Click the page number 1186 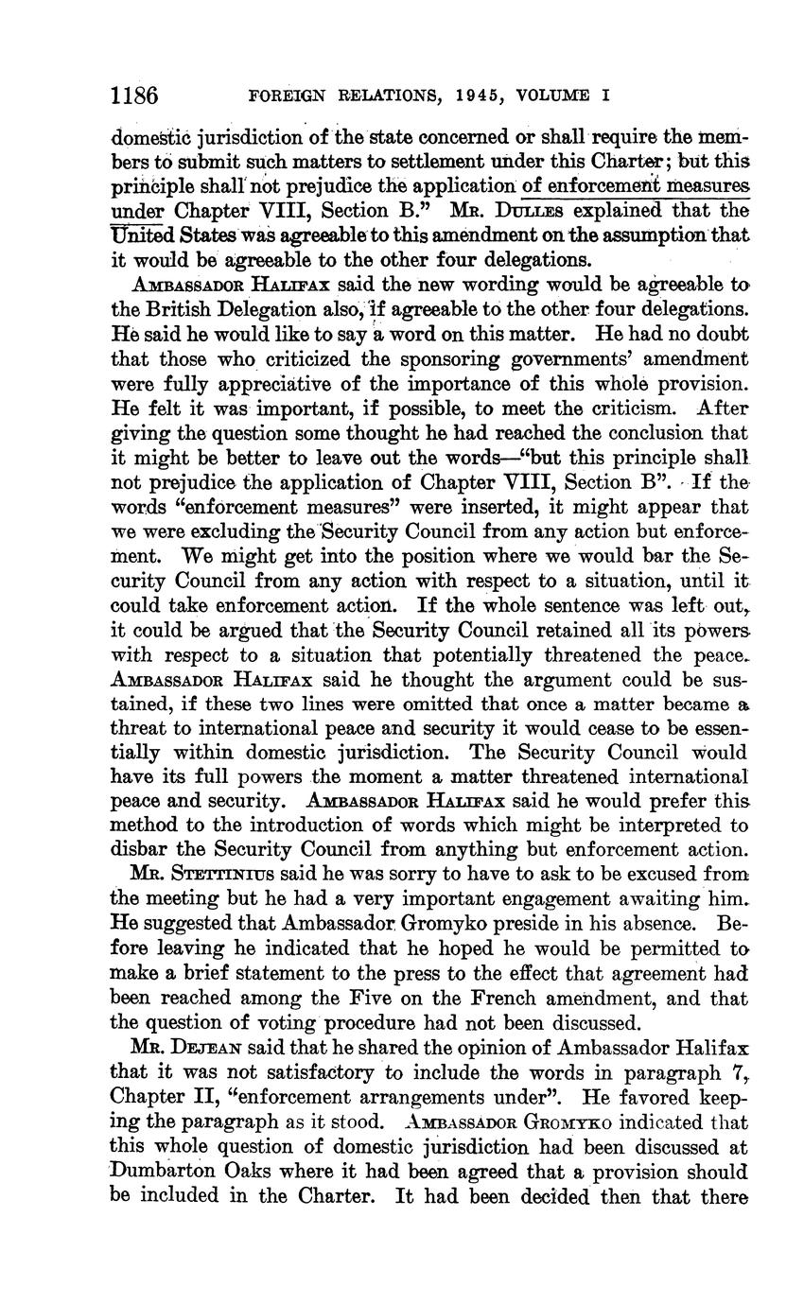pos(133,96)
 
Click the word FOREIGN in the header pos(287,96)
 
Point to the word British pos(186,309)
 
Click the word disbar pos(140,851)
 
